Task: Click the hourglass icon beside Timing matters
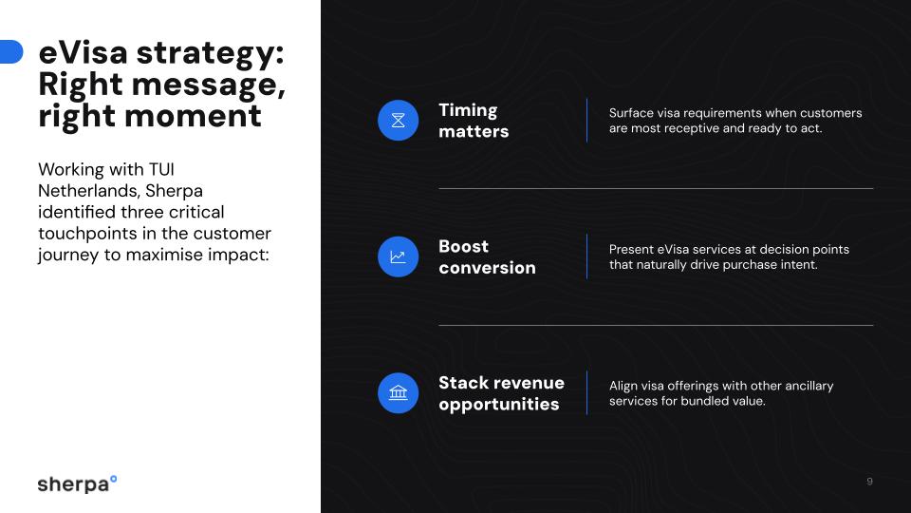tap(398, 121)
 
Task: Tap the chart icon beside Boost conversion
tap(398, 256)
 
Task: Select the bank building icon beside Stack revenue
tap(398, 393)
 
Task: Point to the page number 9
tap(869, 482)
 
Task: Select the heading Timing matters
tap(474, 121)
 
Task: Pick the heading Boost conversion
tap(487, 256)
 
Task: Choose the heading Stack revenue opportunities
tap(501, 393)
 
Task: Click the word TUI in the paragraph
tap(160, 169)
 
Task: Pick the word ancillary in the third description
tap(807, 386)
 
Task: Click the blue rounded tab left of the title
tap(10, 52)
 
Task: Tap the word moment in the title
tap(208, 116)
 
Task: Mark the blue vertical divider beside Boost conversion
tap(586, 256)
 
